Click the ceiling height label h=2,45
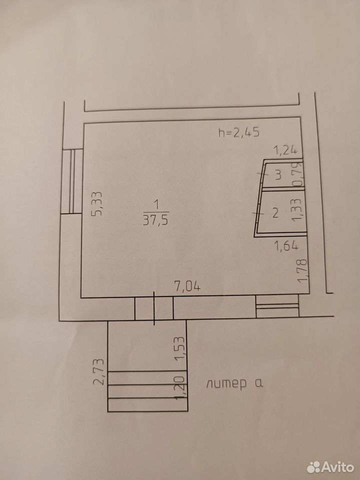click(x=239, y=132)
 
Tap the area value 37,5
click(x=155, y=220)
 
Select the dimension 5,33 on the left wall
click(x=96, y=204)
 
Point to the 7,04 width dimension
click(x=187, y=286)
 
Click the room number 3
click(x=278, y=175)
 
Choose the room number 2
click(x=275, y=213)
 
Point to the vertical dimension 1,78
click(x=302, y=270)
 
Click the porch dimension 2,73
click(x=99, y=371)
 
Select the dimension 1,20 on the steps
click(x=180, y=387)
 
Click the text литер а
click(x=234, y=383)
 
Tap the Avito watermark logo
click(x=330, y=467)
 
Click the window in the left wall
click(x=72, y=181)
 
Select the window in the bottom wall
click(x=277, y=306)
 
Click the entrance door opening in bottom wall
click(x=154, y=309)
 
